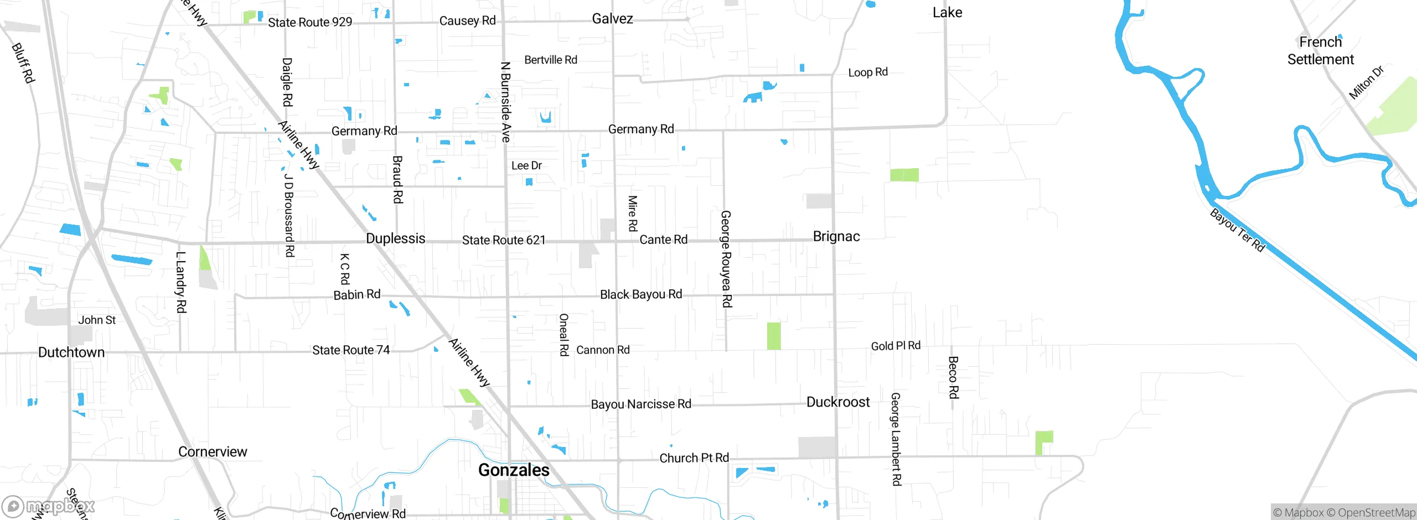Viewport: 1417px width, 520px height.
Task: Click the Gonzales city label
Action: (514, 470)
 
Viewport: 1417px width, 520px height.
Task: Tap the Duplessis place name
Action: (395, 238)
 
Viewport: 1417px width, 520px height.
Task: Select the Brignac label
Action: (836, 237)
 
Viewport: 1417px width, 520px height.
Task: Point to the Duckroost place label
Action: (838, 402)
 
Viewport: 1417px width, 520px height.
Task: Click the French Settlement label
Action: (1320, 51)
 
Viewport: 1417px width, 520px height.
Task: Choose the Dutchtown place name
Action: (71, 352)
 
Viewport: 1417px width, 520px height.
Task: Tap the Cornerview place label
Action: (213, 452)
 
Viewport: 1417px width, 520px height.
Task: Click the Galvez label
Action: (612, 19)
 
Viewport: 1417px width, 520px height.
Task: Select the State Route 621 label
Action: (504, 240)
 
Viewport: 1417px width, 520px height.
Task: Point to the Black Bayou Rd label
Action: (641, 294)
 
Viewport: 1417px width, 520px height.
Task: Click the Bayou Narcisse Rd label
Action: (641, 404)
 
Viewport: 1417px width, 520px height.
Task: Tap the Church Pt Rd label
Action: (694, 458)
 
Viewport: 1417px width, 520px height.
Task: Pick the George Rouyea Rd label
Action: (726, 259)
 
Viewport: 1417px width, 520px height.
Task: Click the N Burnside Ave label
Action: (505, 102)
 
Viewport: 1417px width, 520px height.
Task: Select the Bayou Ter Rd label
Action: (1238, 230)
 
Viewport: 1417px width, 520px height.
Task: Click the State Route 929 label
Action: (310, 22)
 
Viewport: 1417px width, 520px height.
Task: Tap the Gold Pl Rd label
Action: (896, 346)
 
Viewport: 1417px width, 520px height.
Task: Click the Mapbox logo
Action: (49, 506)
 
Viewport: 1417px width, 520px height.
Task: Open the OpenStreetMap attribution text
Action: (1376, 513)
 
